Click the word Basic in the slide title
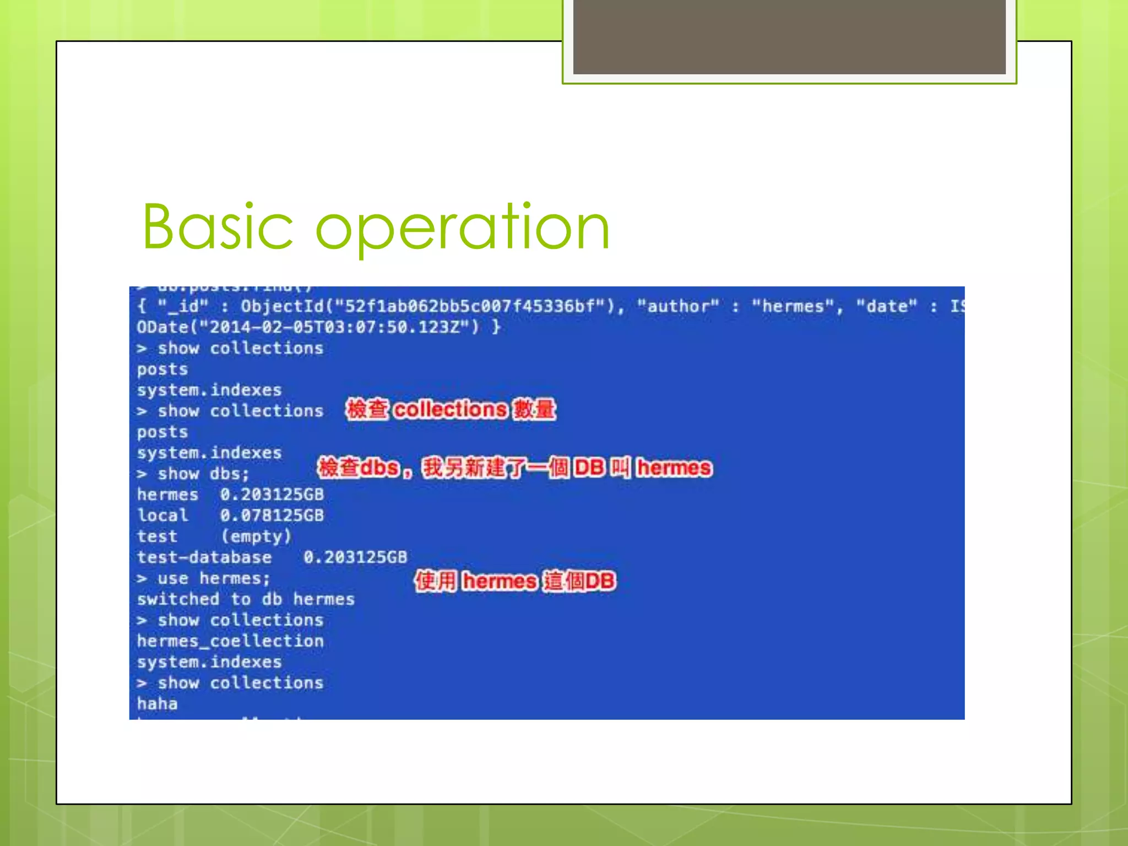(218, 227)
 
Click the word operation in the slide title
(463, 227)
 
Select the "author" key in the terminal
(677, 306)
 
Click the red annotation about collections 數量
(451, 410)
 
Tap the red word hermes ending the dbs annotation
(674, 468)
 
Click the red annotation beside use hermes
(514, 581)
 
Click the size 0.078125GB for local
(272, 516)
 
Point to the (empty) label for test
(256, 536)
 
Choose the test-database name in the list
(204, 557)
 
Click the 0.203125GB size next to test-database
(355, 557)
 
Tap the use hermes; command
(204, 578)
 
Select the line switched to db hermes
(246, 599)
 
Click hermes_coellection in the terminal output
(230, 641)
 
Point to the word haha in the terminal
(158, 704)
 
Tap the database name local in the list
(162, 516)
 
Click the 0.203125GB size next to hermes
(272, 495)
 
